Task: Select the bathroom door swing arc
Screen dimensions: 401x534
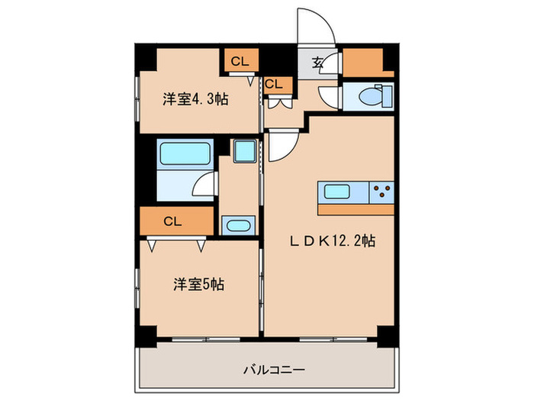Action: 203,186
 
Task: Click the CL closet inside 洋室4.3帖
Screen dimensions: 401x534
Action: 240,61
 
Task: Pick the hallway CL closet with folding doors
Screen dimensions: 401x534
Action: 275,86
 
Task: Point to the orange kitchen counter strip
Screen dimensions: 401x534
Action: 355,209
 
